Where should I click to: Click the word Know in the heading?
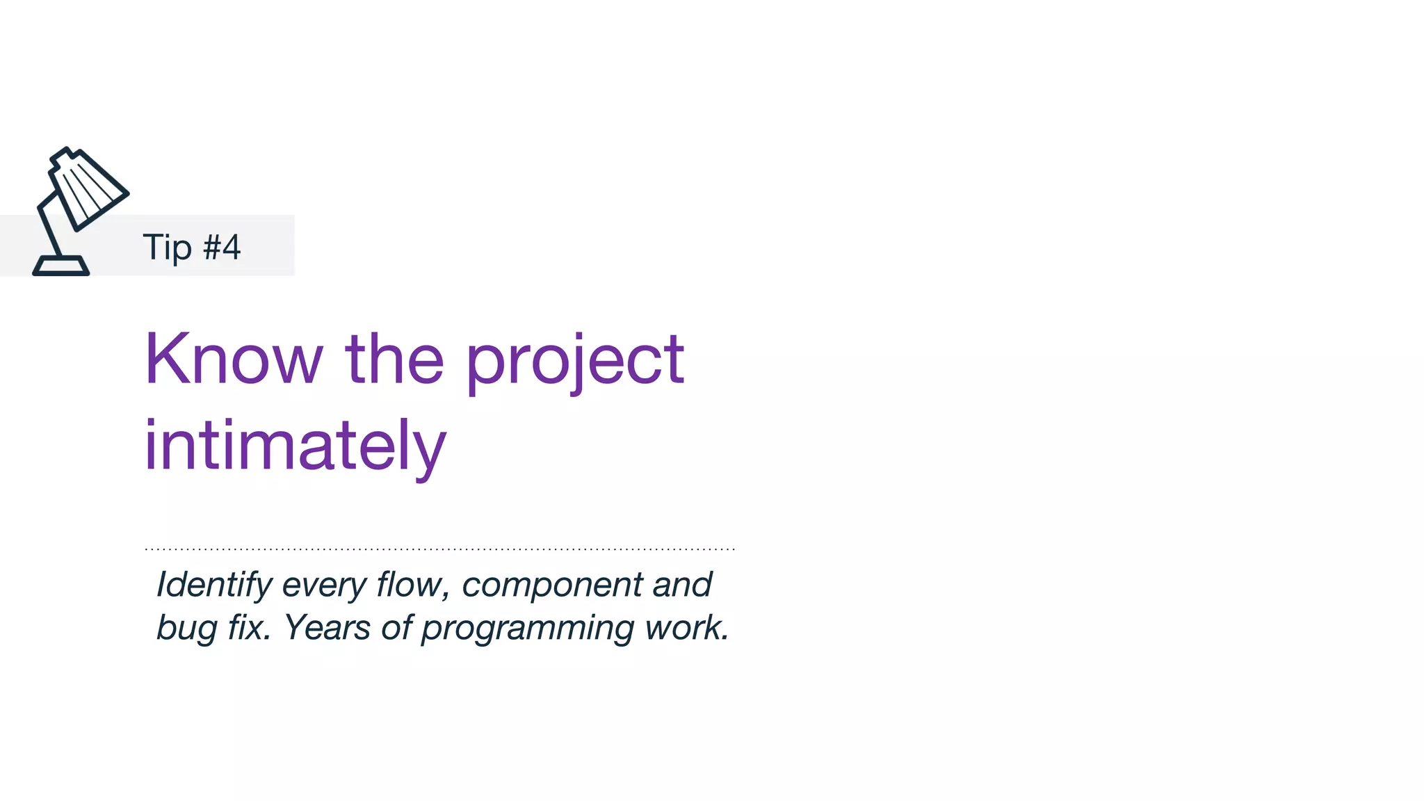(x=234, y=359)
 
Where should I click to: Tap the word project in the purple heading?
(x=574, y=362)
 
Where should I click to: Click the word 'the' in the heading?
(x=394, y=359)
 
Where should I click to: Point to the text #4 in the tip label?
(x=222, y=247)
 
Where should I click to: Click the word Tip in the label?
(x=167, y=248)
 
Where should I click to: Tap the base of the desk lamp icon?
(x=61, y=266)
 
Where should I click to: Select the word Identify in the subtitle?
(x=214, y=585)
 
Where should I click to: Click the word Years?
(x=327, y=627)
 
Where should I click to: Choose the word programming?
(x=528, y=629)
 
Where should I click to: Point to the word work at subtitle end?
(x=686, y=627)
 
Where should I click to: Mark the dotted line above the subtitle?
(x=439, y=549)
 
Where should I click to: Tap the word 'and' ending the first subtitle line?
(x=682, y=584)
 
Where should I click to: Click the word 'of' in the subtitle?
(x=397, y=627)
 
